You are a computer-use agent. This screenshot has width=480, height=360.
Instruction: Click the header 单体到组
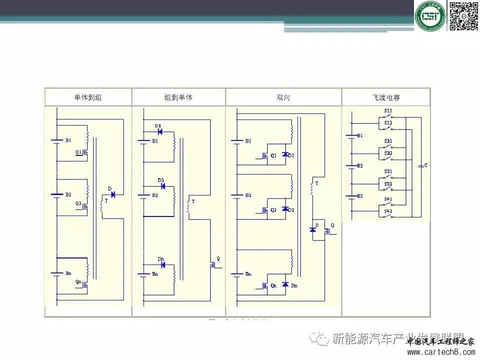pos(87,97)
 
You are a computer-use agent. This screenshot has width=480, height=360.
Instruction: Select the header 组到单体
pos(178,97)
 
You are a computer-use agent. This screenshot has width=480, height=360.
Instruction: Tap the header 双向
pos(283,97)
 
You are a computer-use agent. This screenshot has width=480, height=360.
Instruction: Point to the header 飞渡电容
pos(386,97)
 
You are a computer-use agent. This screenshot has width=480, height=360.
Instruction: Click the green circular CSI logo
pos(429,16)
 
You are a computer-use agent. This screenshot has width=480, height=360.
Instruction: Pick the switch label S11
pos(388,110)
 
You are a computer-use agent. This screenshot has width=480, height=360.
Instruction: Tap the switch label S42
pos(388,211)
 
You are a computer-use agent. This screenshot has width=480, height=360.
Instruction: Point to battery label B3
pos(359,196)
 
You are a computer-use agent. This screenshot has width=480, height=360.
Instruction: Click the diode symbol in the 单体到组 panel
pos(112,194)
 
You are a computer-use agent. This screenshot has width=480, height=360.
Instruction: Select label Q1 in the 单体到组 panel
pos(78,152)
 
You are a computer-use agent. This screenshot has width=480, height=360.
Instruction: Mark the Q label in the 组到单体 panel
pos(217,258)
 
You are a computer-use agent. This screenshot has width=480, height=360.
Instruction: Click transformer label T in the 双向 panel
pos(316,183)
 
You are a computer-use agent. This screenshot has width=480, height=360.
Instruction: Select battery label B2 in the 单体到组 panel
pos(68,194)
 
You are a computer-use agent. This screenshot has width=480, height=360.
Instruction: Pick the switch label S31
pos(388,171)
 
